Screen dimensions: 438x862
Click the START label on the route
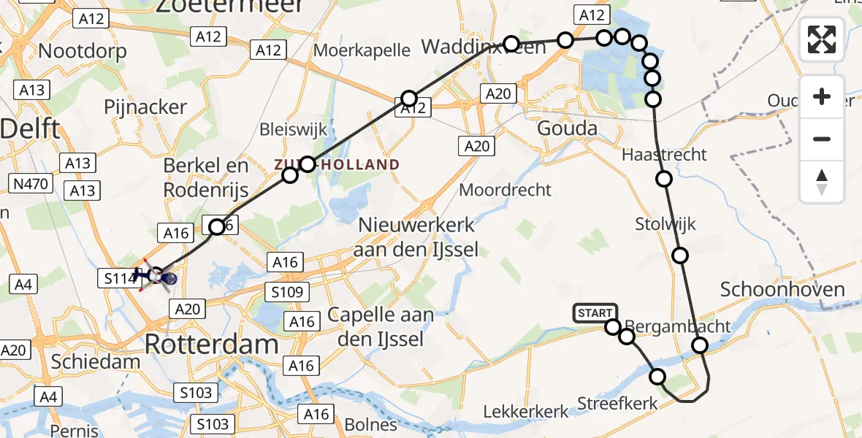point(595,313)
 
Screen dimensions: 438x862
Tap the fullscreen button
point(822,39)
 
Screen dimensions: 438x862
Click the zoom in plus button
point(822,96)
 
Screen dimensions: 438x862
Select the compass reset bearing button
point(822,182)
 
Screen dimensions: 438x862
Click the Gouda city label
point(567,128)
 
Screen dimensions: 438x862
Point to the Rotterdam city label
point(212,344)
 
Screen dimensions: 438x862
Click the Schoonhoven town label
point(782,290)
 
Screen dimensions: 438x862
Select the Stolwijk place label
point(665,223)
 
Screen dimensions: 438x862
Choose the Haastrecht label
point(664,155)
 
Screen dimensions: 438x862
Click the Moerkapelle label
point(361,50)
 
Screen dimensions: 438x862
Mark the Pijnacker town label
point(145,107)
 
